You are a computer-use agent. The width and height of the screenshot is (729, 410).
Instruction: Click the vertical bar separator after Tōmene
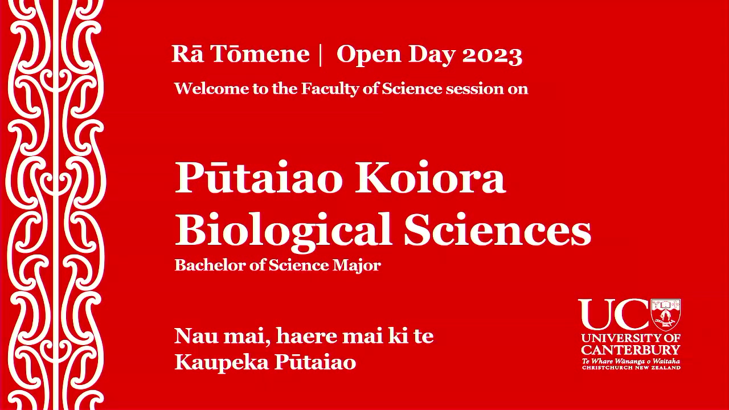click(x=321, y=55)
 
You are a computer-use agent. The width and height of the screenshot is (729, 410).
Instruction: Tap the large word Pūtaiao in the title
click(x=259, y=178)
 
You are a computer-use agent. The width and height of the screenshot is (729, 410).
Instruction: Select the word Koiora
click(x=430, y=178)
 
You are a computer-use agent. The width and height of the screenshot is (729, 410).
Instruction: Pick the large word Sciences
click(x=497, y=230)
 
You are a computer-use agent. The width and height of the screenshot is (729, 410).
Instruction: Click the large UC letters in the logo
click(x=613, y=315)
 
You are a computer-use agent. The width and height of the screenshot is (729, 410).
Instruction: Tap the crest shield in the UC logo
click(x=665, y=314)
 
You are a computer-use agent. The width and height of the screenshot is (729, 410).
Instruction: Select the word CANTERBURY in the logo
click(x=630, y=350)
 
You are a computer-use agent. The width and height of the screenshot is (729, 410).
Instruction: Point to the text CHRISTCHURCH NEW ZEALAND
click(x=630, y=368)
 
